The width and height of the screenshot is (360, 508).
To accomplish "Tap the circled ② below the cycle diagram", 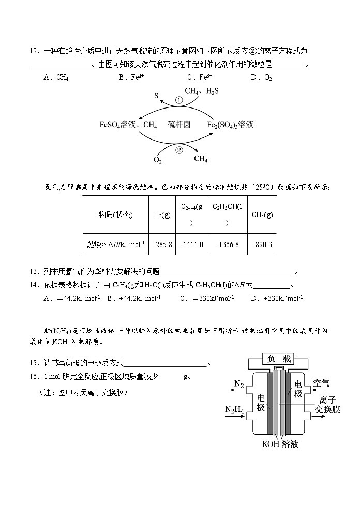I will pos(179,150).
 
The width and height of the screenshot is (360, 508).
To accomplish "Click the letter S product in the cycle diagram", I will pos(156,96).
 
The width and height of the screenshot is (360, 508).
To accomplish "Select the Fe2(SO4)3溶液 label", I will pos(230,125).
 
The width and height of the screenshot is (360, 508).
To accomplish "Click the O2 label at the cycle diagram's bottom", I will pos(157,160).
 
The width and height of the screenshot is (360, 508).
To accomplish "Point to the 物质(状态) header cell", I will pos(116,215).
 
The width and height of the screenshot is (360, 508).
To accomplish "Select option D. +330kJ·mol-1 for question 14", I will pos(277,298).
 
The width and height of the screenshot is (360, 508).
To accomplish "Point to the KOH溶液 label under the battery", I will pos(279,444).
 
